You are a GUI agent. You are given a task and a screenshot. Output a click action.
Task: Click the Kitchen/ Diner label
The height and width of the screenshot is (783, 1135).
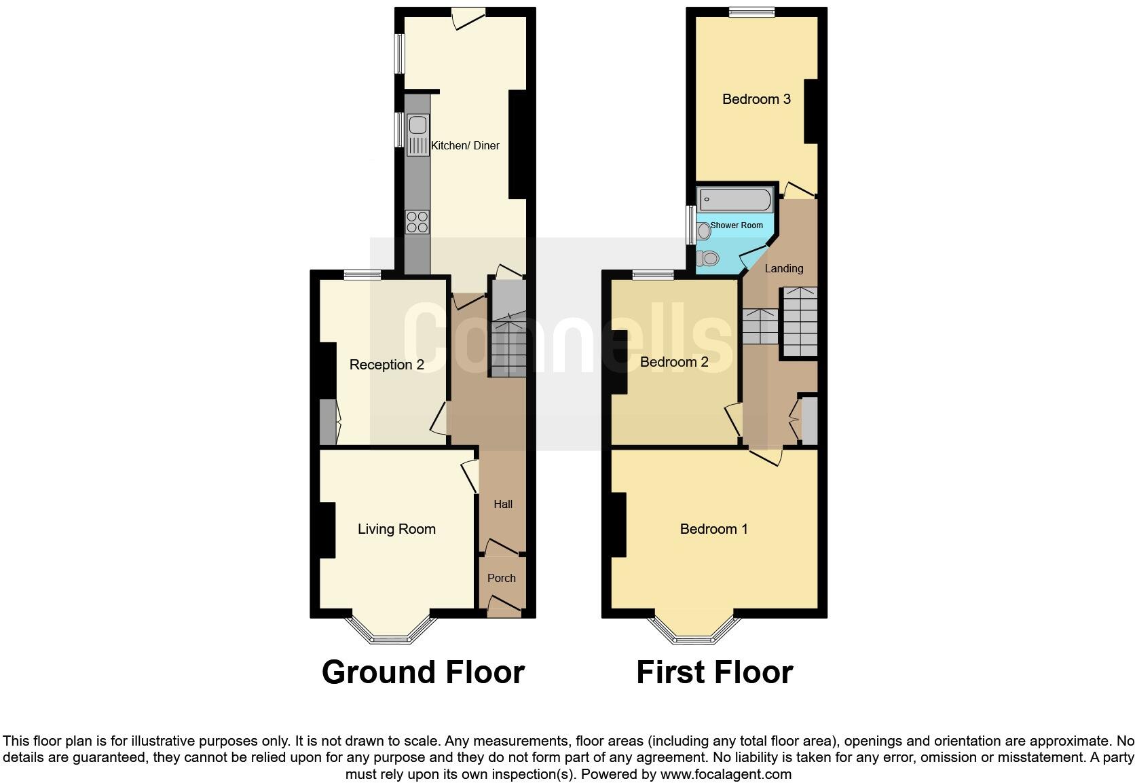465,145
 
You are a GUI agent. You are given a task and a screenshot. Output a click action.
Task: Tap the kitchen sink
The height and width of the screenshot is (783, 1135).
417,126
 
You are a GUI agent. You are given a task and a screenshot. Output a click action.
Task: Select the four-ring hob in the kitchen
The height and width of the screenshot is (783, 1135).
417,222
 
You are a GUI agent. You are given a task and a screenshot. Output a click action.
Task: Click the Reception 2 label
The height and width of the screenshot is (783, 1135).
386,365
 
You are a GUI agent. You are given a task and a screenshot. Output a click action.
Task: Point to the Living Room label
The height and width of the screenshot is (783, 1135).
396,529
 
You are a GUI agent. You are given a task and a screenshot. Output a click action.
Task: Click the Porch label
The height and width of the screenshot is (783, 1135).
502,578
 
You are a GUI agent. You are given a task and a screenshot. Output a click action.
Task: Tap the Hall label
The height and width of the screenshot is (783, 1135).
503,504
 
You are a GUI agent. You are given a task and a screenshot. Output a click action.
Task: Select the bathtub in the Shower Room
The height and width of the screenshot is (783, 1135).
736,200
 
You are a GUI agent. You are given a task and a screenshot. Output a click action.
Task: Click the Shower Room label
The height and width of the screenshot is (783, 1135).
737,225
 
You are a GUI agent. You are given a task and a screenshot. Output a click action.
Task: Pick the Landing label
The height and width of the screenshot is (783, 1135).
784,268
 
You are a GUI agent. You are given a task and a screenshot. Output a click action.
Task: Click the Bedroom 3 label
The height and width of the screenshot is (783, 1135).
756,99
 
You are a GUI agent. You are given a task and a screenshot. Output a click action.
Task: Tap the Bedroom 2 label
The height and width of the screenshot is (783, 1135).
674,362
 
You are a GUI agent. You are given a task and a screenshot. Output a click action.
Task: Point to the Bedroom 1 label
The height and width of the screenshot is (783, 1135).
714,529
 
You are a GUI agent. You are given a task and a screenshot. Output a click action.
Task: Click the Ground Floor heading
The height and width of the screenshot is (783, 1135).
423,672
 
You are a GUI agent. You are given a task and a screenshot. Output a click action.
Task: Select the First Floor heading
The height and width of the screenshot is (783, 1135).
714,672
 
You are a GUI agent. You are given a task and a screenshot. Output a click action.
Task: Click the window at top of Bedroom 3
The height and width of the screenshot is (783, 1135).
751,12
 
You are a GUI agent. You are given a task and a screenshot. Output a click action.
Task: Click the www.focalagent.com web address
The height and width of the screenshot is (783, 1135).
726,774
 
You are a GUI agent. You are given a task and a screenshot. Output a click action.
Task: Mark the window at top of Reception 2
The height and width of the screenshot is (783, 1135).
362,274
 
